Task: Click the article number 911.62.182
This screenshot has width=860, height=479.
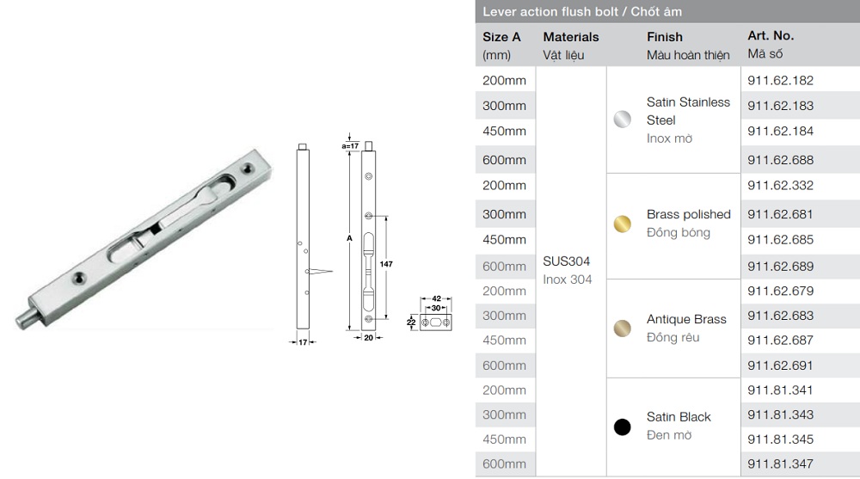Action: coord(780,81)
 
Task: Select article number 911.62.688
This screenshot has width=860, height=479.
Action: coord(780,160)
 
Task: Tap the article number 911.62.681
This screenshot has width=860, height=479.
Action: coord(780,214)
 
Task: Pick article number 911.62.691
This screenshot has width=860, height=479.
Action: coord(780,365)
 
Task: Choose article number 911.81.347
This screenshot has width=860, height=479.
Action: coord(780,464)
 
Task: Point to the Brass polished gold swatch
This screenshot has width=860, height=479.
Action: coord(622,224)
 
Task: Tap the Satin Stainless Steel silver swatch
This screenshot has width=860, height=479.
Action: coord(622,120)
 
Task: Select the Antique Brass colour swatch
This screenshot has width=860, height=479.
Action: coord(622,328)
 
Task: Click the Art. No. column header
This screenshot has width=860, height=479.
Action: coord(771,36)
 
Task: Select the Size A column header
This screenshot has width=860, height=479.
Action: coord(501,37)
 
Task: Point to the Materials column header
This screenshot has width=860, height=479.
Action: coord(570,37)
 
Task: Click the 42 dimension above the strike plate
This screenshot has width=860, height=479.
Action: coord(436,298)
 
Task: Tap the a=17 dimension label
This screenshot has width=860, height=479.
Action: coord(349,146)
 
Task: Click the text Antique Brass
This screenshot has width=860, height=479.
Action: coord(686,319)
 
